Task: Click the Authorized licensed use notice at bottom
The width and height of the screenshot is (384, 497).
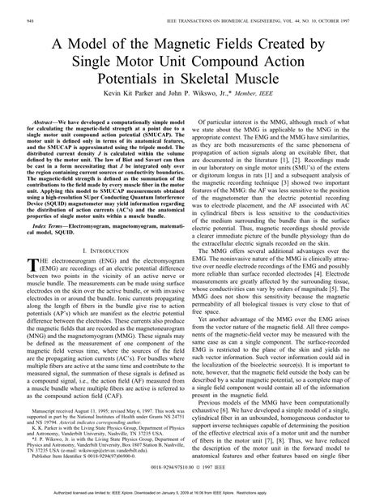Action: tap(192, 491)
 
